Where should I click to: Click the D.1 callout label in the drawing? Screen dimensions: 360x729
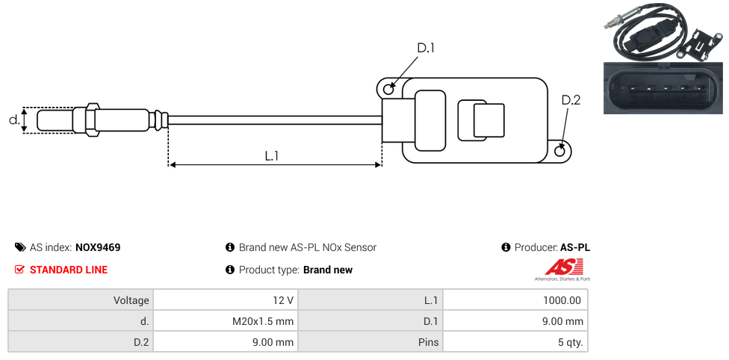pos(426,49)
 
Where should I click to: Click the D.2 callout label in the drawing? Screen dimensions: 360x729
pos(571,101)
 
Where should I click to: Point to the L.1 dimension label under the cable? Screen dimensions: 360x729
pos(272,155)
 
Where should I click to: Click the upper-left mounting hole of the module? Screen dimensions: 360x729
pos(388,90)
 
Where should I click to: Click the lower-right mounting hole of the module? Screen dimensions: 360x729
pos(561,152)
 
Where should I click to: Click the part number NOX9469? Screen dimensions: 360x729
pos(98,247)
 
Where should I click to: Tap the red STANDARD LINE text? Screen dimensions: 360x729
pos(69,270)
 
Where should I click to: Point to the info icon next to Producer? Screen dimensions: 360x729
pos(506,247)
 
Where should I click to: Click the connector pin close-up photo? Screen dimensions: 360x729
pos(664,88)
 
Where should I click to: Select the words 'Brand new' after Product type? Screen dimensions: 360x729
pos(327,270)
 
